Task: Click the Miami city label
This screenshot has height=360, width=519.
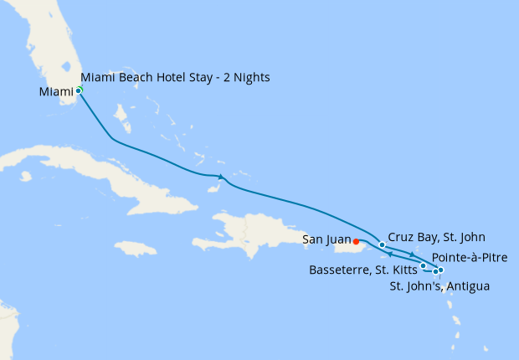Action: (x=55, y=91)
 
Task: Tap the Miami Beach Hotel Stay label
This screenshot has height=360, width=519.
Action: (x=176, y=78)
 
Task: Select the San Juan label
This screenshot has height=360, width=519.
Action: (x=327, y=240)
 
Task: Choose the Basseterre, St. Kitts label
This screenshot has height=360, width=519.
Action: (x=363, y=270)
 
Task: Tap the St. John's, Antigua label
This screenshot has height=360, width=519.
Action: (x=440, y=287)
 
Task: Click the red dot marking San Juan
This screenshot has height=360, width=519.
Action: (x=357, y=242)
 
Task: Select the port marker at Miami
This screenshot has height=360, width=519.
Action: (x=79, y=90)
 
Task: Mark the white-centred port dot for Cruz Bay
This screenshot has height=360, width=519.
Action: (x=383, y=245)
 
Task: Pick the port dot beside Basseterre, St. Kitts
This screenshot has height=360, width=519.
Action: (x=424, y=266)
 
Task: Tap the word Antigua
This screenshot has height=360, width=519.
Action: (x=467, y=287)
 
